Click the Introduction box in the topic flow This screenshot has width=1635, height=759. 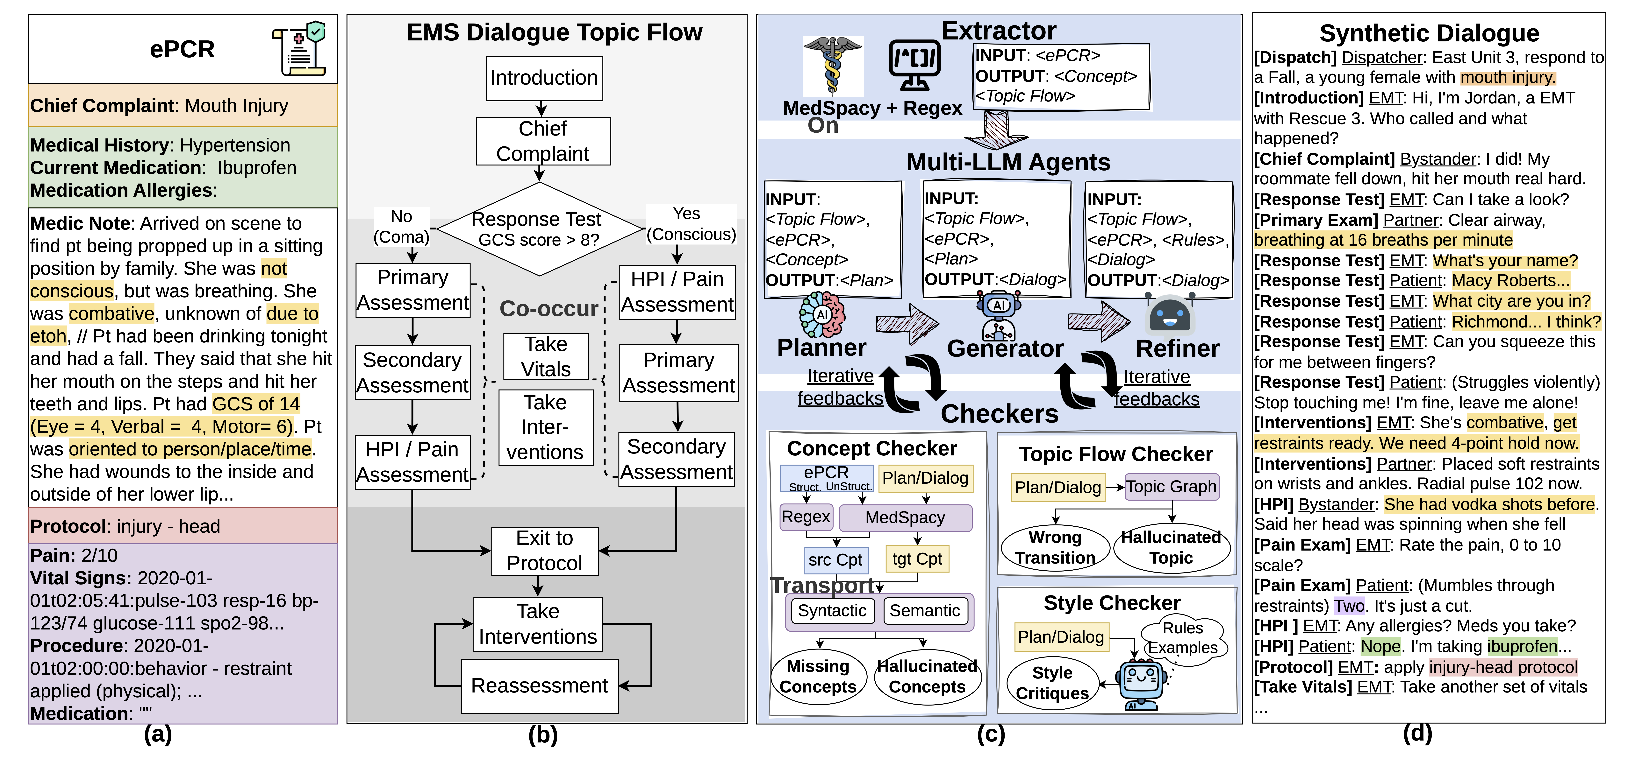coord(544,78)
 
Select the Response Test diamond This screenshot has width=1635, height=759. coord(539,229)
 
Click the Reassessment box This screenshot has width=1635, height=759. coord(540,685)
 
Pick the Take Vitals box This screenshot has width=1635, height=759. coord(546,357)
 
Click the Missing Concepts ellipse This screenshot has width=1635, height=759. coord(818,677)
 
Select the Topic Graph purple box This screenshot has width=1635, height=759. coord(1171,487)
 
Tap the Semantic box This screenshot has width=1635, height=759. coord(925,610)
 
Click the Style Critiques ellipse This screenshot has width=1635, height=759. coord(1052,683)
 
